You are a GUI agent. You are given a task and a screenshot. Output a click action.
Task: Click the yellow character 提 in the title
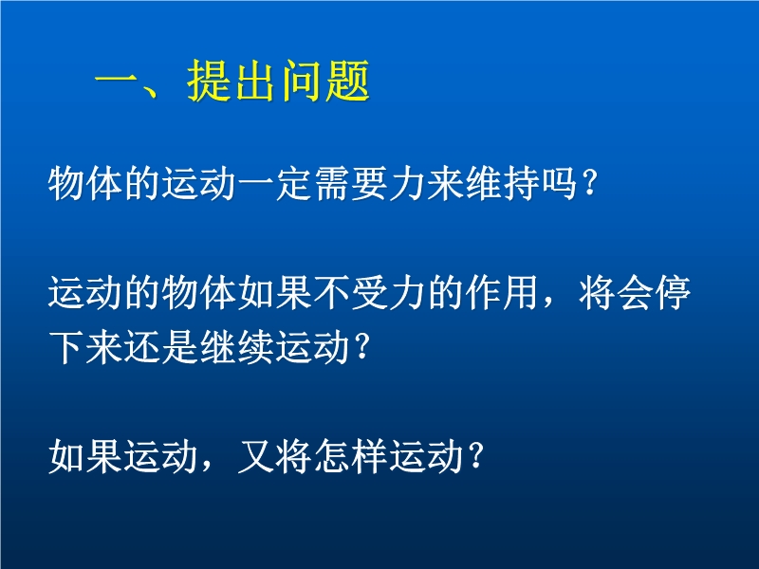click(209, 81)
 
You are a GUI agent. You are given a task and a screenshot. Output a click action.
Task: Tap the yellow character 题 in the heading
click(348, 81)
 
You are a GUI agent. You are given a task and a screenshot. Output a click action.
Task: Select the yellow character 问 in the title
click(302, 81)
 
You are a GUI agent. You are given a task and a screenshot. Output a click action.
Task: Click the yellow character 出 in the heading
click(255, 81)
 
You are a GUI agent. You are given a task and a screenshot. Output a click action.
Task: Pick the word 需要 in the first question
click(351, 184)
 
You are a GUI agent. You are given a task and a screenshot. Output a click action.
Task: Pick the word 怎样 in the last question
click(351, 456)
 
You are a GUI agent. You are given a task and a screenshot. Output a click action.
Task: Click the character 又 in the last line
click(255, 456)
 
